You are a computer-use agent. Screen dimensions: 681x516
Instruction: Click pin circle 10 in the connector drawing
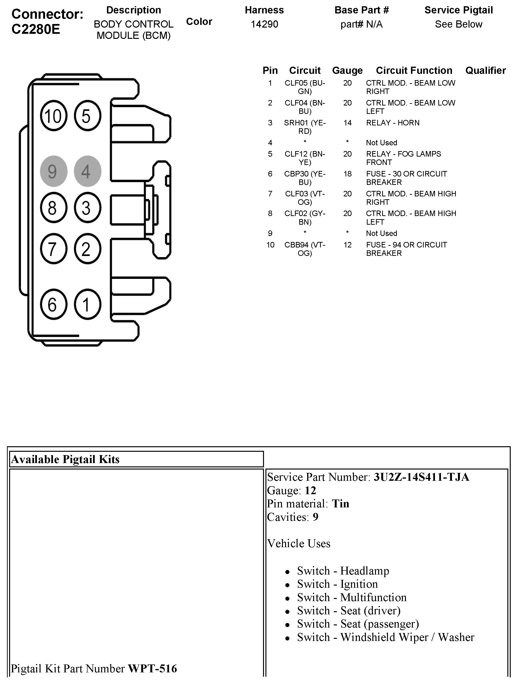pos(53,116)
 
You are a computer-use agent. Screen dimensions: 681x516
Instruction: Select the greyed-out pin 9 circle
pos(53,171)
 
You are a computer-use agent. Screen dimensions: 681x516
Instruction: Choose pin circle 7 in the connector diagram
pos(53,249)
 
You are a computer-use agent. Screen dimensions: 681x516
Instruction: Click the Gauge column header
pos(347,70)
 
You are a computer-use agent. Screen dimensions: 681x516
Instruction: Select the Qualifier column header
pos(485,70)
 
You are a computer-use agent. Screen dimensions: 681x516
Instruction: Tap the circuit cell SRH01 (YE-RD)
pos(305,127)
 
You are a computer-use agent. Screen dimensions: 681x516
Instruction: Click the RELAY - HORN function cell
pos(393,123)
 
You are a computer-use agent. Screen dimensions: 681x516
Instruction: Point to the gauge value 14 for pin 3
pos(347,123)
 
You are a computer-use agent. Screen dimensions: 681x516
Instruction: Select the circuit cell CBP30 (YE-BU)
pos(305,178)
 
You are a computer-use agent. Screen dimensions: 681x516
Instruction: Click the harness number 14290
pos(264,24)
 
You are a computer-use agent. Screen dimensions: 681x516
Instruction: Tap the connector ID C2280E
pos(36,29)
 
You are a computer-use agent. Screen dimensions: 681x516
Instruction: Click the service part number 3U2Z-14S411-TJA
pos(421,477)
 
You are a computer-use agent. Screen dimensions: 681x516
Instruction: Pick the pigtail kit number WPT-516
pos(152,668)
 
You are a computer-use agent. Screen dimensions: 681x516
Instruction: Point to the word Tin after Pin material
pos(340,504)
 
